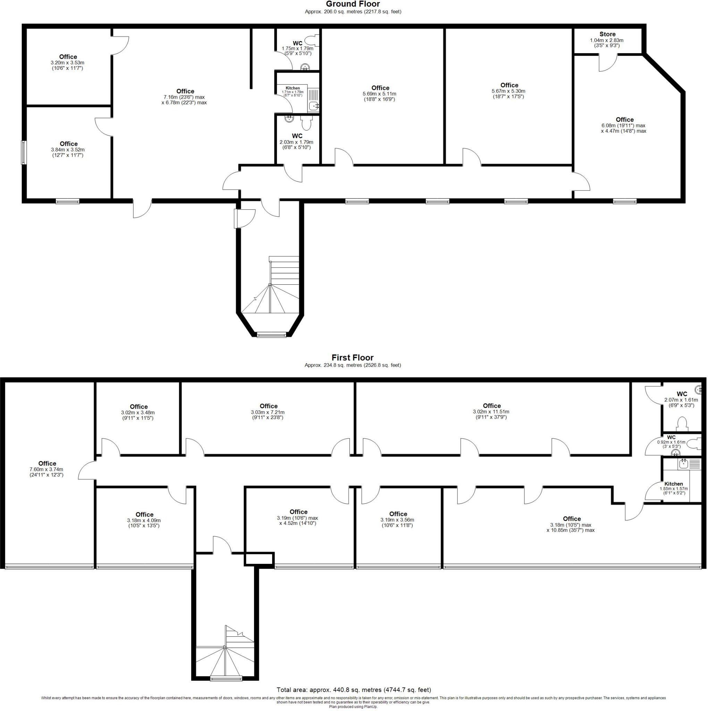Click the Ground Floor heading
[353, 5]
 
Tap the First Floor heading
[353, 358]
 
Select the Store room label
[607, 34]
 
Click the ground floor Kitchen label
[293, 88]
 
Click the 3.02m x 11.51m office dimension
[491, 412]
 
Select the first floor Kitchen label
[673, 484]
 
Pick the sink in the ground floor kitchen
[313, 106]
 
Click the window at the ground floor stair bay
[271, 335]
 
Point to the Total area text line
[354, 690]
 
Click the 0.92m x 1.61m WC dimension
[671, 442]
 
